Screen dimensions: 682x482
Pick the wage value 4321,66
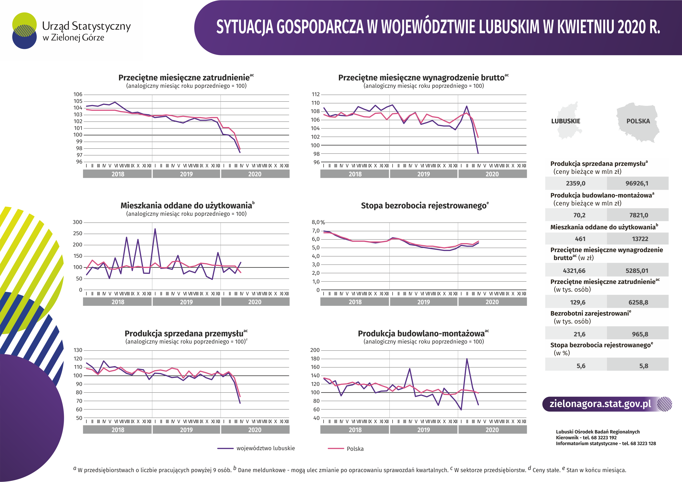click(x=574, y=271)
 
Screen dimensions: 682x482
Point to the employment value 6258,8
click(x=638, y=302)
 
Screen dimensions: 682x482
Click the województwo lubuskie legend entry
click(x=256, y=448)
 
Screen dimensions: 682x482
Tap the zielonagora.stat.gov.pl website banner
click(x=607, y=404)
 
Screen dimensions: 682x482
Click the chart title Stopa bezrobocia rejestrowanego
click(x=424, y=205)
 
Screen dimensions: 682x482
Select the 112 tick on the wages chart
click(x=316, y=94)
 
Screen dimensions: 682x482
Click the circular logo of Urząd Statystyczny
click(x=24, y=30)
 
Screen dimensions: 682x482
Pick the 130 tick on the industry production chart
click(x=78, y=350)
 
